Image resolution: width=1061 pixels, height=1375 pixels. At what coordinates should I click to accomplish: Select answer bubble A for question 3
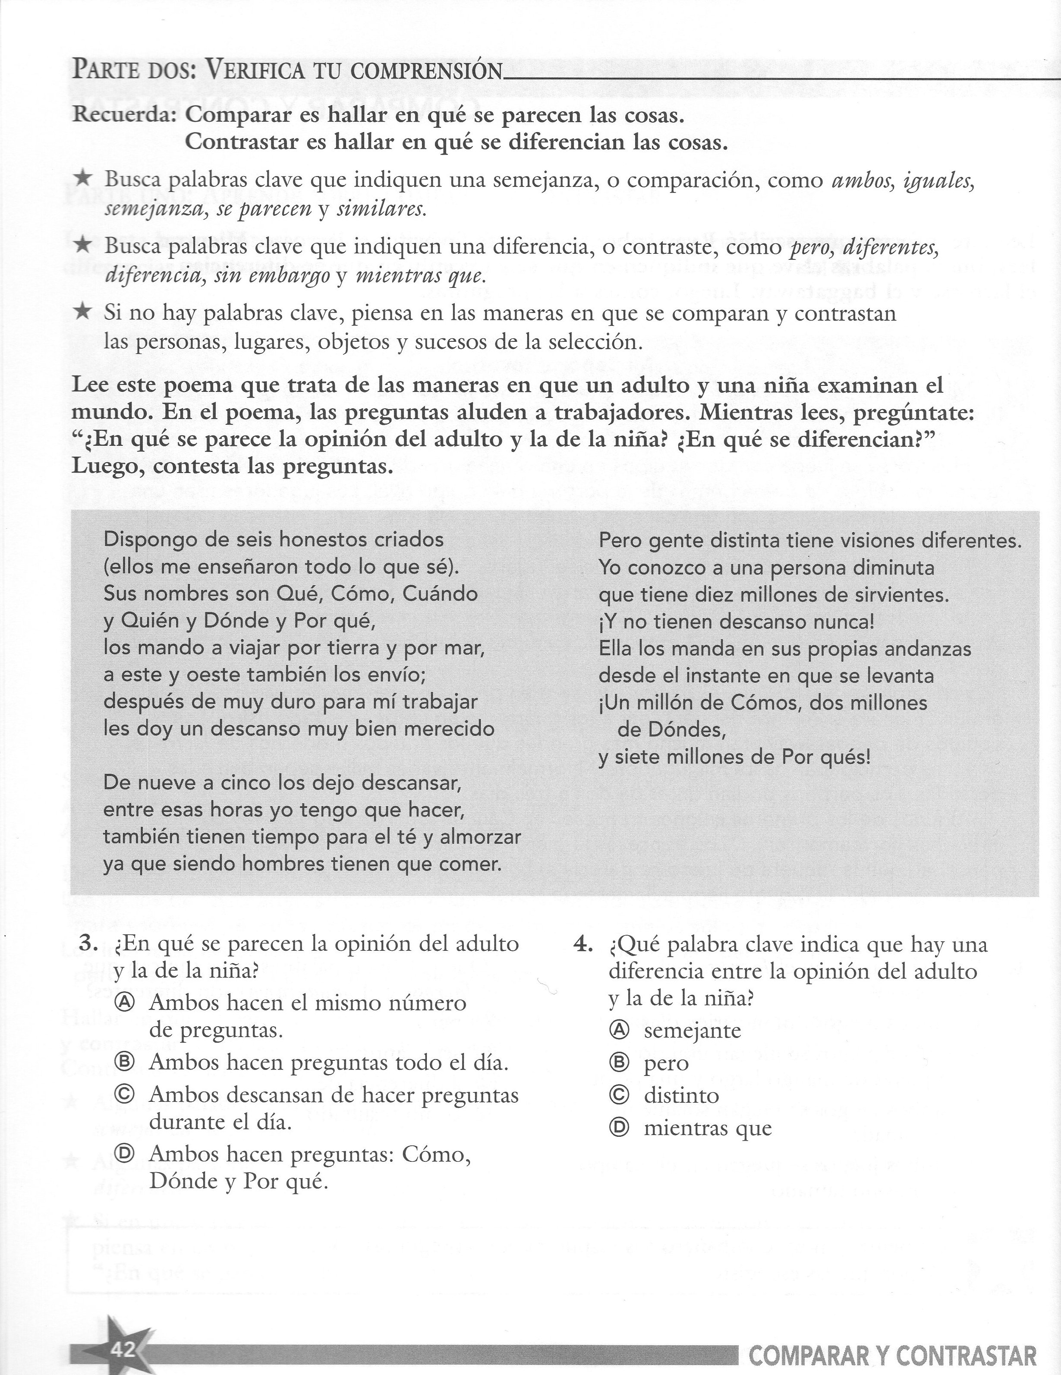[x=125, y=1003]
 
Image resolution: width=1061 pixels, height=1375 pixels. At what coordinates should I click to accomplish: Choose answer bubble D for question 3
[x=125, y=1154]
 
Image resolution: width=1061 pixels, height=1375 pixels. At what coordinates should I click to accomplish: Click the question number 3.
[x=89, y=944]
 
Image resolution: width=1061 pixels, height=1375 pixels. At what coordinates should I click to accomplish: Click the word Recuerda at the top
[x=124, y=115]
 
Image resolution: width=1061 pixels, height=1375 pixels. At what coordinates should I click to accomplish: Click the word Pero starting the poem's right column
[x=620, y=541]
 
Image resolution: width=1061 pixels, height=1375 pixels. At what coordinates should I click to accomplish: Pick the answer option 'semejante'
[x=692, y=1031]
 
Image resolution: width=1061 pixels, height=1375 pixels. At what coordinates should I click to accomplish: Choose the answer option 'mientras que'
[x=707, y=1128]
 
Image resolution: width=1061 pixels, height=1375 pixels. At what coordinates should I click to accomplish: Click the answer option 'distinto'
[x=681, y=1095]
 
